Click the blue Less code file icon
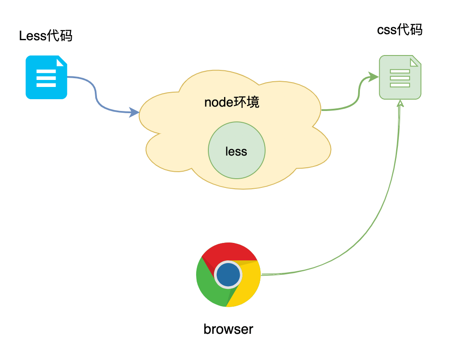click(x=46, y=77)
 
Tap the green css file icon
click(x=400, y=77)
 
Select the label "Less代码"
click(x=45, y=36)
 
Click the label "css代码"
click(x=399, y=31)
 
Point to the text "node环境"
click(x=231, y=102)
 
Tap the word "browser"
click(x=228, y=329)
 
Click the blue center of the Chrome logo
click(x=228, y=274)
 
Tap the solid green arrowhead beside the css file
click(x=373, y=77)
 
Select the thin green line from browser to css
click(x=371, y=227)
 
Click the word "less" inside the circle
click(x=236, y=152)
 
